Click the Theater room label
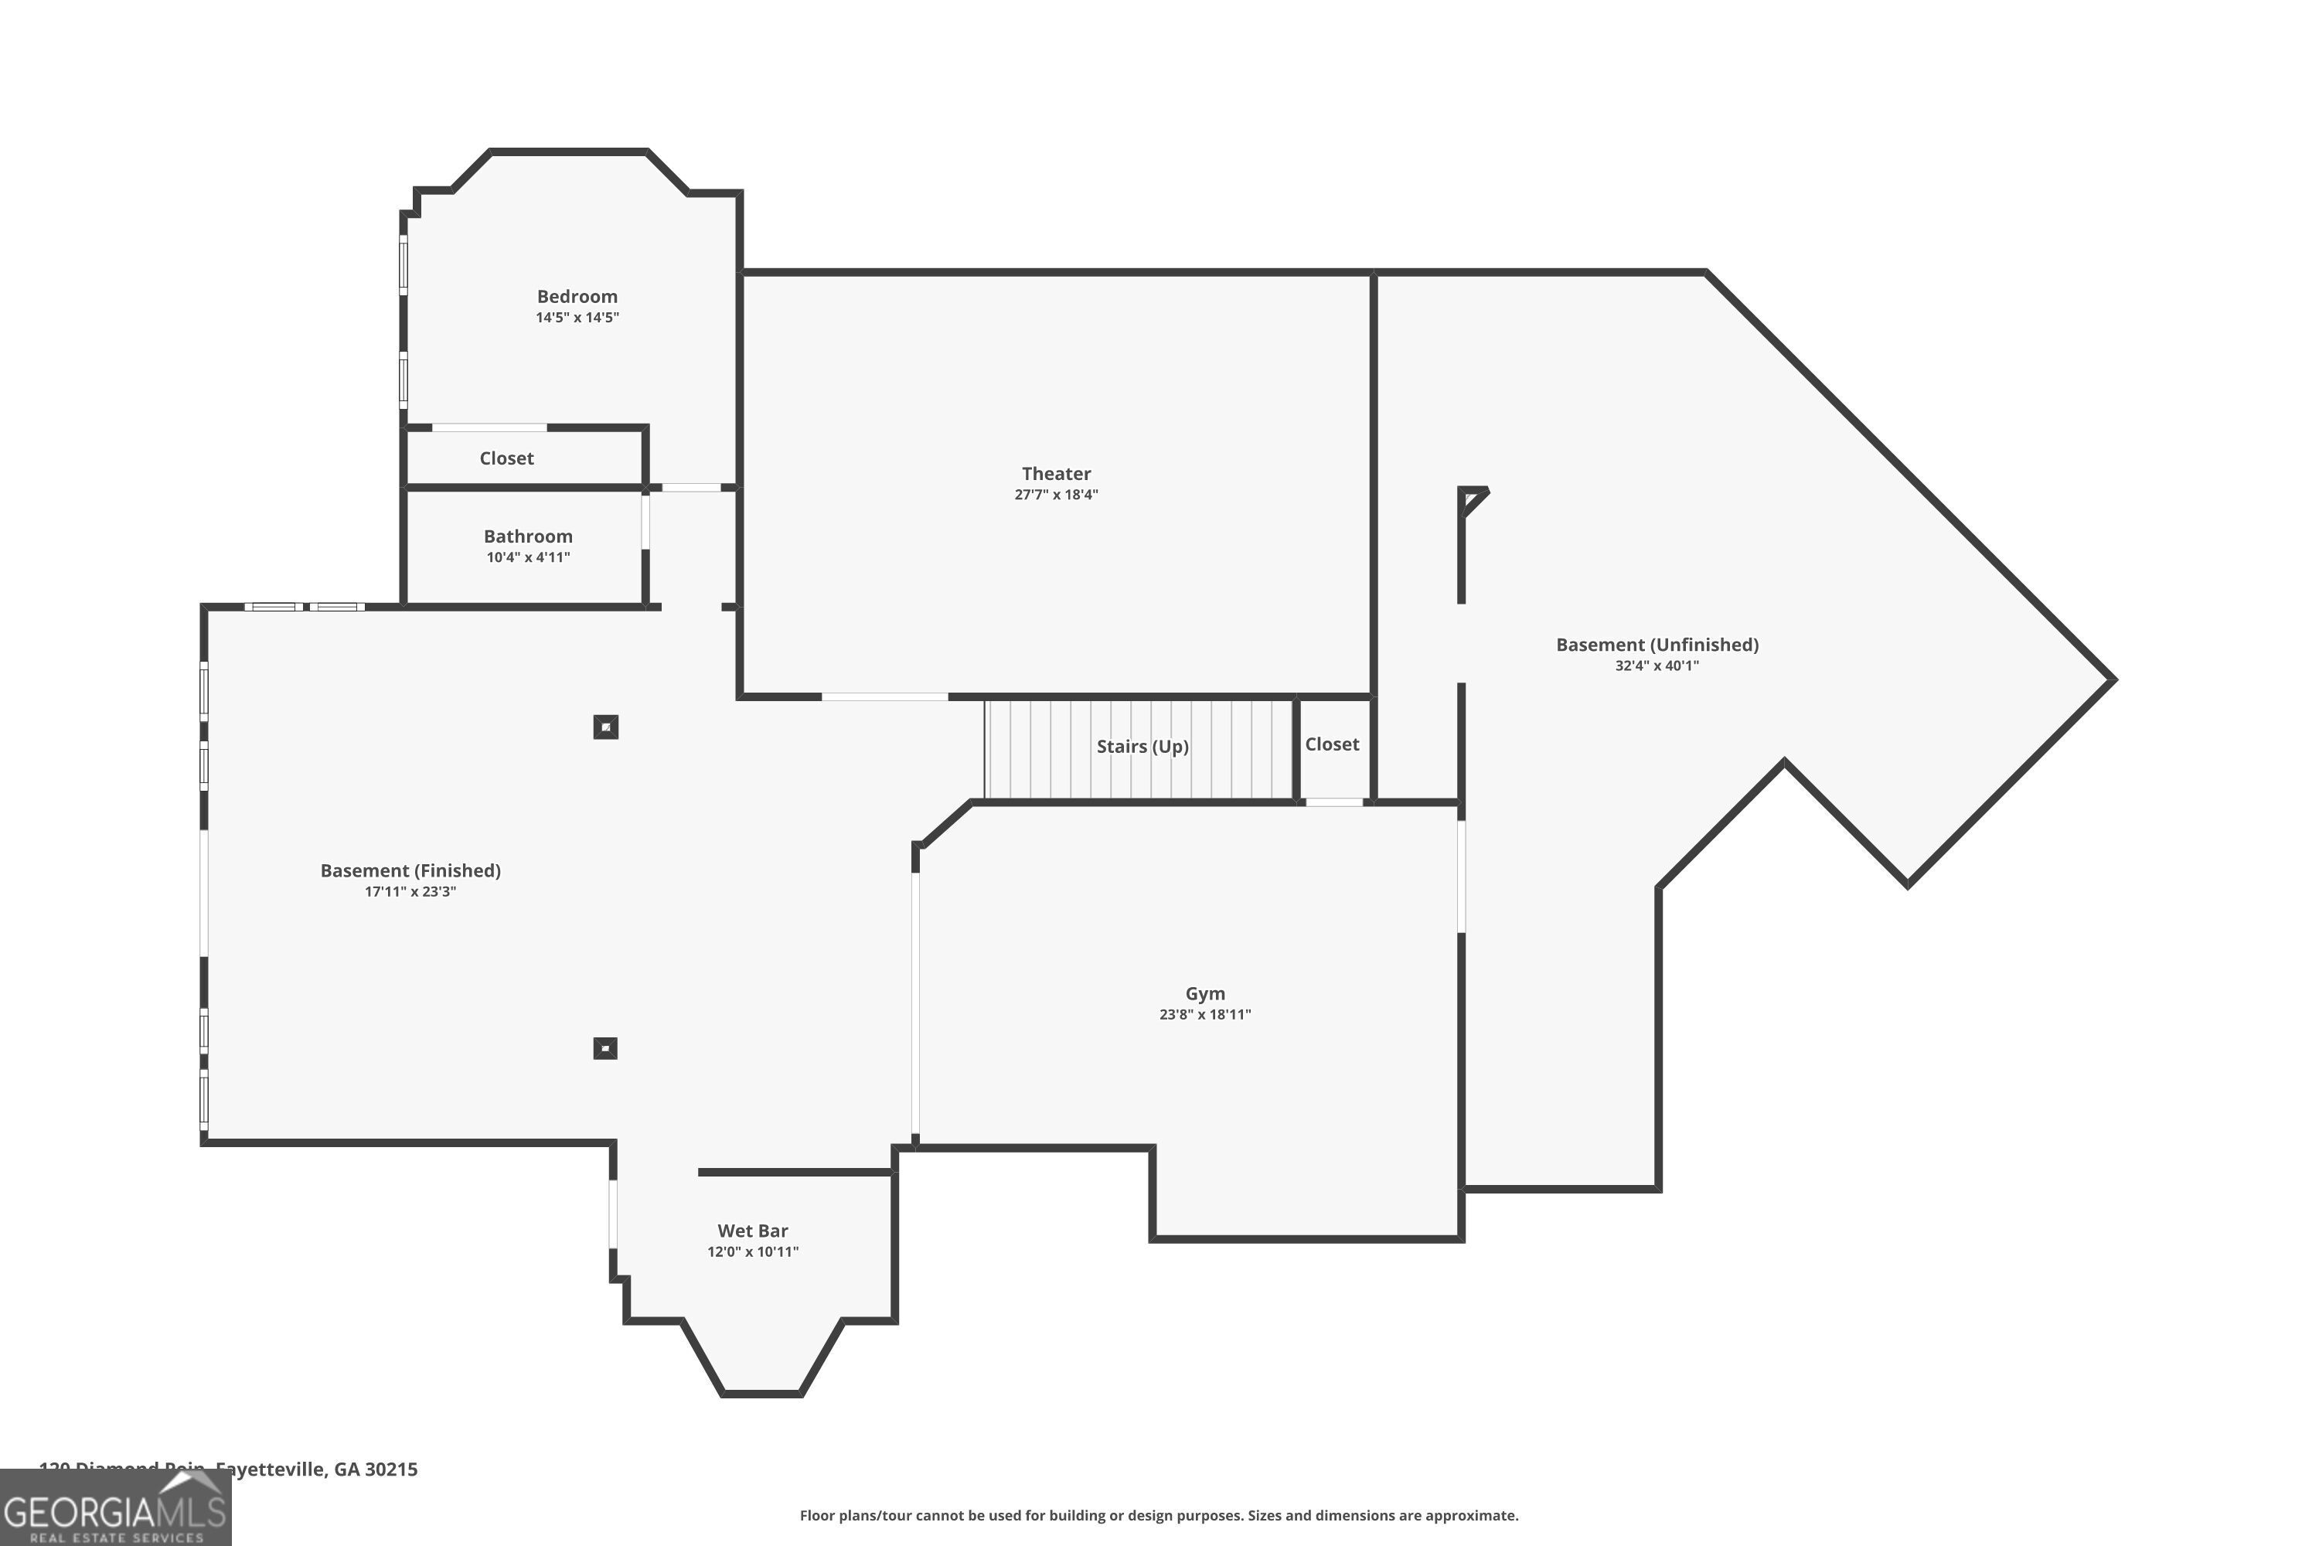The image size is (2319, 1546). (1056, 473)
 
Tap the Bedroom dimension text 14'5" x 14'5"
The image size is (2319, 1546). (577, 318)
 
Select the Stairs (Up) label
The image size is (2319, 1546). (1142, 747)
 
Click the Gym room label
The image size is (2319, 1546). (1205, 993)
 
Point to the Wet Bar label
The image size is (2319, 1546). (752, 1231)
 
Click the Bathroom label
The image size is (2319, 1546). (527, 536)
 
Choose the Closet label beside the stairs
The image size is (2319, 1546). (1331, 744)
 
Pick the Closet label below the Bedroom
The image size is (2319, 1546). (506, 458)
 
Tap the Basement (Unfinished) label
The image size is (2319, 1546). (1657, 645)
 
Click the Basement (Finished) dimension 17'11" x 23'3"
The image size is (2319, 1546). (410, 892)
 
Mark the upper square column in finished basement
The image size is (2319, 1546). (605, 727)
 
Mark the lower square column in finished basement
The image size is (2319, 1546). (605, 1048)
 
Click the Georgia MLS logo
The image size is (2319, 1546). (115, 1509)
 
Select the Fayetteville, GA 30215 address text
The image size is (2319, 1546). (315, 1469)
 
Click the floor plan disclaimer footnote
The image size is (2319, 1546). (1159, 1515)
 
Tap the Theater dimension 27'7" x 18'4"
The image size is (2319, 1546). (1056, 495)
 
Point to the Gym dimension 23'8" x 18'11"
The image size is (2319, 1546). (1205, 1014)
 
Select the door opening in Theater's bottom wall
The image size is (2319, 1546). (884, 697)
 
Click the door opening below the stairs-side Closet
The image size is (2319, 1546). (1334, 802)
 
